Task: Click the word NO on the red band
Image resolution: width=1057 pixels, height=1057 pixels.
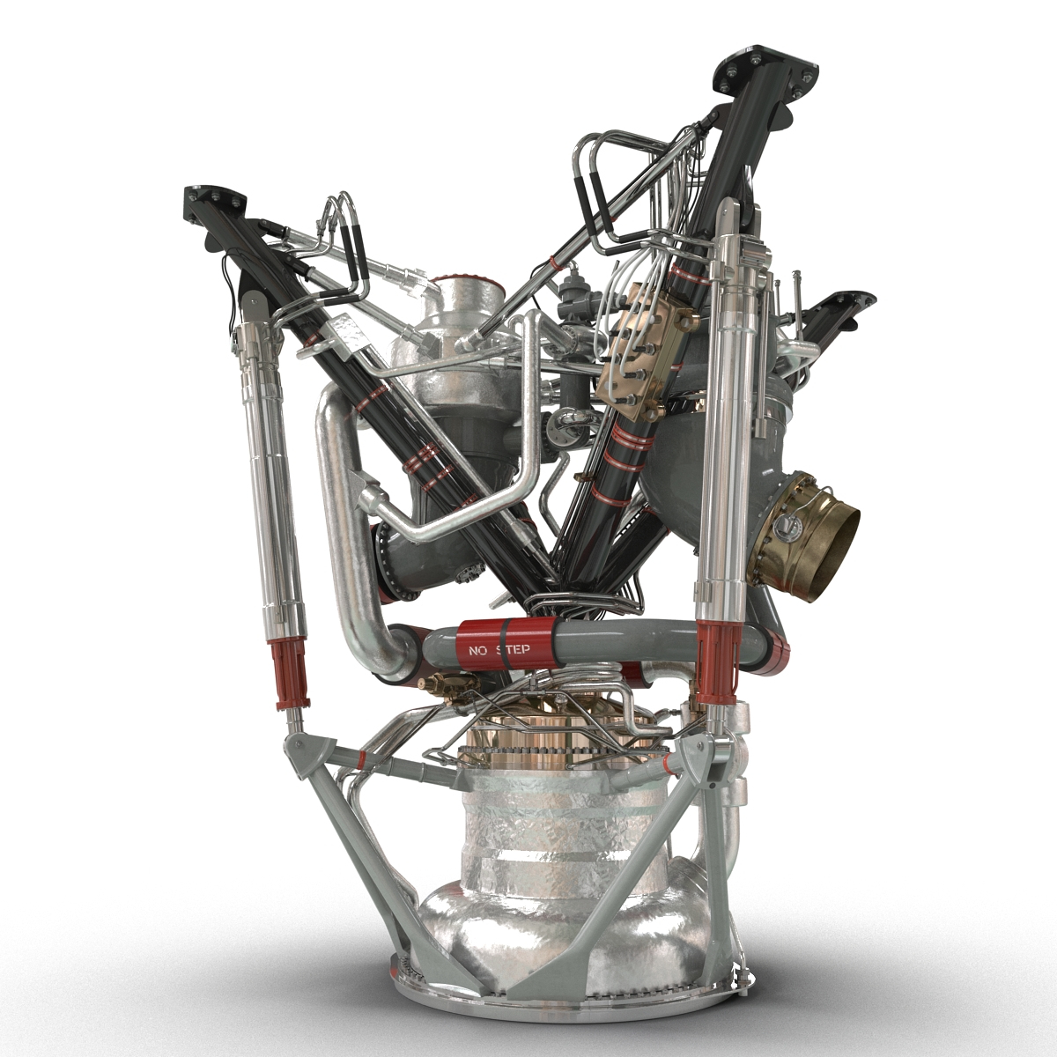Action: [478, 652]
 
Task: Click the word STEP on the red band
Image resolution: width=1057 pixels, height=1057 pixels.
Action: [513, 652]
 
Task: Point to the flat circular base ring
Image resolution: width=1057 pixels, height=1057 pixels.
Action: [564, 1000]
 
